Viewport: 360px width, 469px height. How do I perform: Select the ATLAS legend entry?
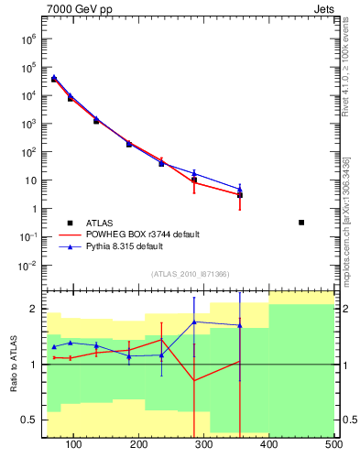point(101,223)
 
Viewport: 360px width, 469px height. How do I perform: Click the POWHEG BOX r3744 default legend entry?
point(143,234)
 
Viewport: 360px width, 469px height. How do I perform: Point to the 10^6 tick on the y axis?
point(28,38)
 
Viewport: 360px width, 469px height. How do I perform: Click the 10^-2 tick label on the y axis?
point(28,266)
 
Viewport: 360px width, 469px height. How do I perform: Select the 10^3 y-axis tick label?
point(28,124)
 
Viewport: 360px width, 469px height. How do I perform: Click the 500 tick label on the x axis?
point(333,445)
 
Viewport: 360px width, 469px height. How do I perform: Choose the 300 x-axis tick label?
point(204,445)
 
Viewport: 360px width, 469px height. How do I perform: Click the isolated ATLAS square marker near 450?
point(301,223)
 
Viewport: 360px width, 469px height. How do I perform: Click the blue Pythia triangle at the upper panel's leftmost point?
point(54,78)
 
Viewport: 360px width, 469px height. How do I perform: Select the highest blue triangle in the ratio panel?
point(194,322)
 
